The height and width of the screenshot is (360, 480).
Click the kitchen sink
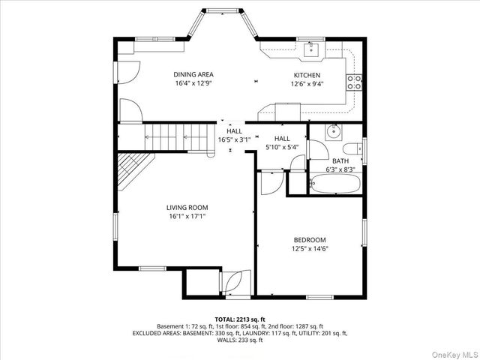(x=312, y=50)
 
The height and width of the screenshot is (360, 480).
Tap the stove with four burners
(x=355, y=81)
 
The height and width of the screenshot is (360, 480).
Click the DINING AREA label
(x=193, y=75)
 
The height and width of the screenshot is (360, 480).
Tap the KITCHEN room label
(x=307, y=76)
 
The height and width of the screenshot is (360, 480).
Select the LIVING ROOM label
(x=187, y=208)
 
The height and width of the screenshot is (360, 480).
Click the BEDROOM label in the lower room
(x=309, y=240)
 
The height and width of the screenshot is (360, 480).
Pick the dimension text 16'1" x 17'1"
(x=187, y=217)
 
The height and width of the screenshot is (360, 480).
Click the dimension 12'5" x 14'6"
(x=309, y=249)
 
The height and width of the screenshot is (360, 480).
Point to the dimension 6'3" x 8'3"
(x=341, y=169)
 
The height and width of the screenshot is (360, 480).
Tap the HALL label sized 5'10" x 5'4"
(x=282, y=139)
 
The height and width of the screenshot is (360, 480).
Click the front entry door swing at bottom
(x=231, y=283)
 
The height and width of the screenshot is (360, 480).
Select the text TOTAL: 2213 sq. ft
(x=240, y=320)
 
